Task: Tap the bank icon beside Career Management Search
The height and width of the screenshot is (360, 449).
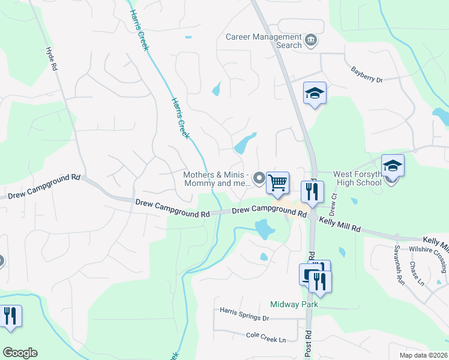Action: pyautogui.click(x=311, y=41)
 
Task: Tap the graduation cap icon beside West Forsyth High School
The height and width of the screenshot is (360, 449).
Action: pyautogui.click(x=393, y=166)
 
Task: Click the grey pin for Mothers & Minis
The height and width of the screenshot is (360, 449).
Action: pyautogui.click(x=259, y=178)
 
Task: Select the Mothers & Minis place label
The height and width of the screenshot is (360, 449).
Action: pyautogui.click(x=216, y=179)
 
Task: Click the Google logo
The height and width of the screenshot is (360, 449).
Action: pyautogui.click(x=20, y=353)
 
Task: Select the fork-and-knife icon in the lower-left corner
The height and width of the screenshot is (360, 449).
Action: pyautogui.click(x=10, y=316)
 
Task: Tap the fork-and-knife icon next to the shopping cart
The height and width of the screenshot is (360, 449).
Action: pyautogui.click(x=312, y=191)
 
